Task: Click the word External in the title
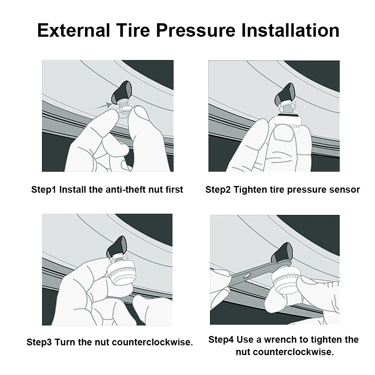point(73,30)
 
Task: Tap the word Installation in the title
point(290,30)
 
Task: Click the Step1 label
point(44,189)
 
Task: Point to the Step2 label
point(218,189)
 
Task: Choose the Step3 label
point(40,342)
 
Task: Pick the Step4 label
point(221,340)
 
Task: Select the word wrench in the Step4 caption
point(280,340)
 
